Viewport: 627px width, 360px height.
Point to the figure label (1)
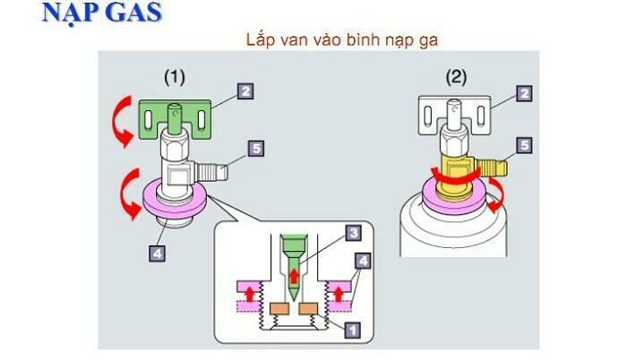tap(173, 77)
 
